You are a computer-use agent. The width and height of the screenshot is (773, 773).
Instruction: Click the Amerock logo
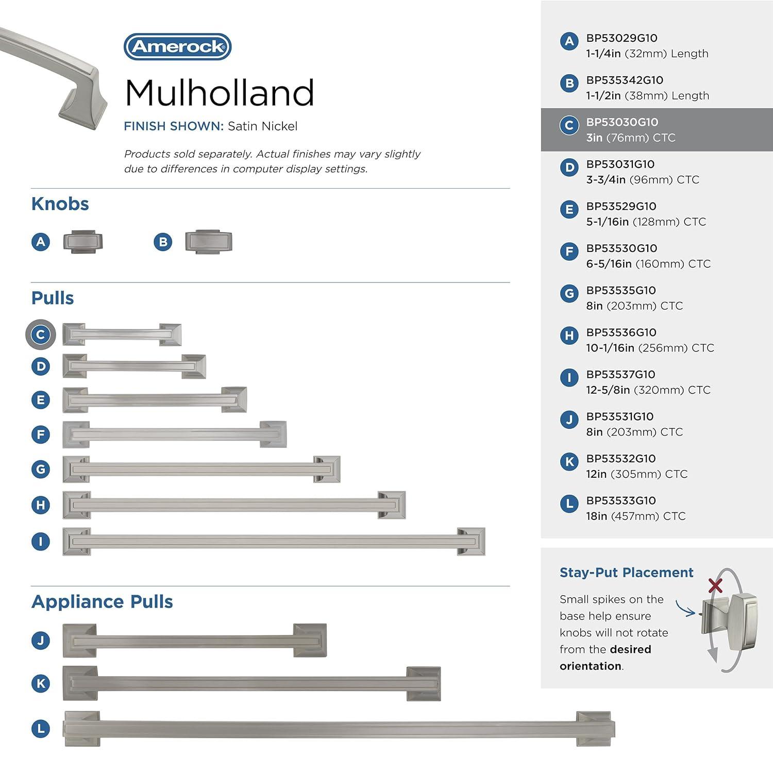tap(177, 47)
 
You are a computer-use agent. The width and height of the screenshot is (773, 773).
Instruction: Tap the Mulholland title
tap(219, 93)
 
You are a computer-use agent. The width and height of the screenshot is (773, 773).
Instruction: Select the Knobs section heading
tap(60, 204)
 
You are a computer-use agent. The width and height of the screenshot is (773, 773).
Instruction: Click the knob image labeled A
tap(83, 242)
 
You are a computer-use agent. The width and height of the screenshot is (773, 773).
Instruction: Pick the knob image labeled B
tap(209, 242)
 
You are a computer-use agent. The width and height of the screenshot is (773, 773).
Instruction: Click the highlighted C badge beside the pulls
tap(41, 334)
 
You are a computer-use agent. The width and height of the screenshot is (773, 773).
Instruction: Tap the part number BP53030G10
tap(622, 122)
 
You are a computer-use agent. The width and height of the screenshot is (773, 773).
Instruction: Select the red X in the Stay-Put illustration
tap(715, 585)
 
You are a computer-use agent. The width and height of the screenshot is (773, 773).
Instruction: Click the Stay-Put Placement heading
tap(626, 573)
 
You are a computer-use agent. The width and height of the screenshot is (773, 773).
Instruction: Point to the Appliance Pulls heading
tap(102, 602)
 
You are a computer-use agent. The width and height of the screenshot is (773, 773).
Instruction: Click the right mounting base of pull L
tap(595, 728)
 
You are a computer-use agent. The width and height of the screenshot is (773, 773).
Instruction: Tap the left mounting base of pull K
tap(80, 683)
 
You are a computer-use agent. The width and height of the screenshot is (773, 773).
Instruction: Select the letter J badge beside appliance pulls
tap(41, 641)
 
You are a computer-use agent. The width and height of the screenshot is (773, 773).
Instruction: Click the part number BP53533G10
tap(620, 500)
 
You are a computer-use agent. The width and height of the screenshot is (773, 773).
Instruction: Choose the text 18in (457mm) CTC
tap(635, 516)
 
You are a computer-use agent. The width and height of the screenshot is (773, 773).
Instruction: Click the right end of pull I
tap(470, 542)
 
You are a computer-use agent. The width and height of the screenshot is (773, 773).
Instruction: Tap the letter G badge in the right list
tap(569, 294)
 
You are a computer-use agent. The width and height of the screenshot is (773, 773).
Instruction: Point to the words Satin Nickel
tap(262, 126)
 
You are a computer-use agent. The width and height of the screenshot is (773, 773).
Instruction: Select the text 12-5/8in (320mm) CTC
tap(648, 390)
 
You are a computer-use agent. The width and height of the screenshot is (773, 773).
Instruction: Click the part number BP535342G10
tap(625, 80)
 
